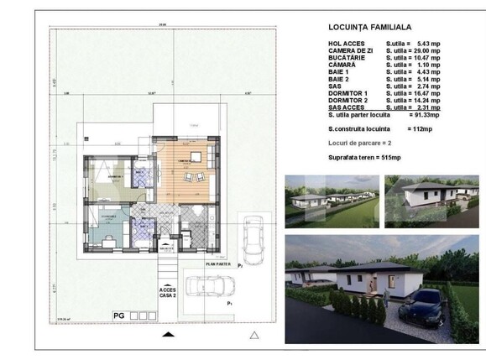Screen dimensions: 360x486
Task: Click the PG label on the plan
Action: click(119, 315)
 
